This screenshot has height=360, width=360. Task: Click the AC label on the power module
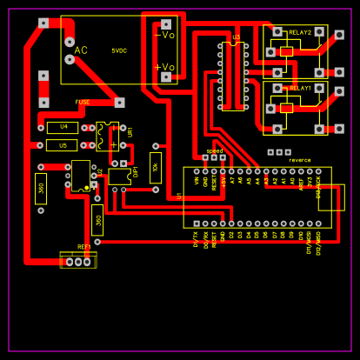(x=81, y=50)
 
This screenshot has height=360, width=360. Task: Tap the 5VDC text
(x=119, y=50)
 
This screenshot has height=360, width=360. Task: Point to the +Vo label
(x=164, y=67)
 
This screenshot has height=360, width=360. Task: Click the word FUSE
(x=83, y=102)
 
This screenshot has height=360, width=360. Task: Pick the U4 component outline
(x=63, y=127)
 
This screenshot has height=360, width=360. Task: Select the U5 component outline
(x=63, y=145)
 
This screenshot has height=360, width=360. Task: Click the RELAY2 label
(x=300, y=31)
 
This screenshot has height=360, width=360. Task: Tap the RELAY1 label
(x=300, y=88)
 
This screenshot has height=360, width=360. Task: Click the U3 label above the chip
(x=237, y=37)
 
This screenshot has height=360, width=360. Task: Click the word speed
(x=215, y=150)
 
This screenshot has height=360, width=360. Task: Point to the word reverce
(x=300, y=160)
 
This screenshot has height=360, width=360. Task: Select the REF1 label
(x=84, y=247)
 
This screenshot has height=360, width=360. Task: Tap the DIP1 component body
(x=120, y=176)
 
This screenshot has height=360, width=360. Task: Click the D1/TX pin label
(x=197, y=239)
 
